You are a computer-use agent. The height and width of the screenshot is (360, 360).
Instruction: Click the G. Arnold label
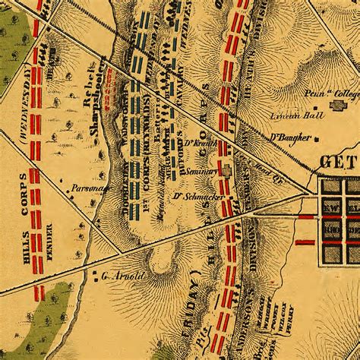pos(122,276)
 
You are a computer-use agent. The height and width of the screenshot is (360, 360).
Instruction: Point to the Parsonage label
pos(87,186)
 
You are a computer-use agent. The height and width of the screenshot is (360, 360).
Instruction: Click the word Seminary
pos(204,171)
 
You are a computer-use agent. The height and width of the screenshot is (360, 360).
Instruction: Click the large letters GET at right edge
pos(339,161)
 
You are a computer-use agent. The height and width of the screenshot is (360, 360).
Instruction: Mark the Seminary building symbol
pos(225,171)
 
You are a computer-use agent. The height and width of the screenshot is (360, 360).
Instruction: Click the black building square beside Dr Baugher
pos(316,138)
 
